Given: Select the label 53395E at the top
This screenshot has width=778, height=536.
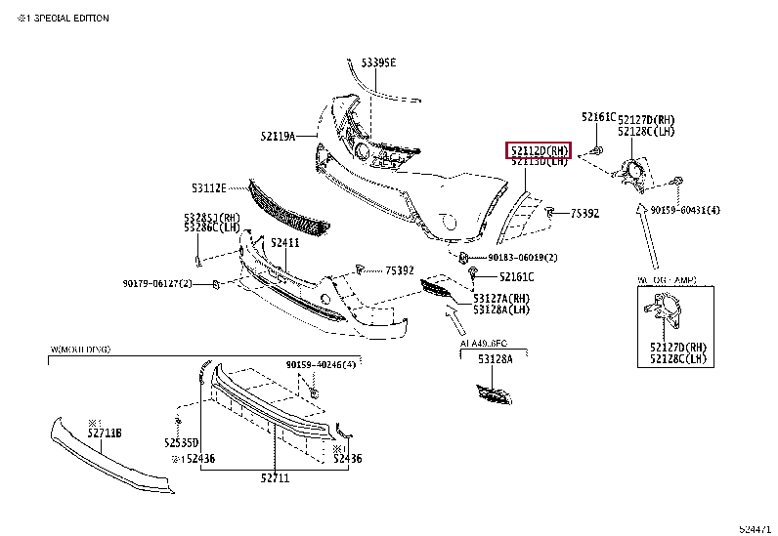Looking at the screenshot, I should pos(378,62).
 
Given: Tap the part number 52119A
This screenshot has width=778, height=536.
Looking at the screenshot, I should pos(278,137).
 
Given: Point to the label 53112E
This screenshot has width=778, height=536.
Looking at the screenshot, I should pos(208,186).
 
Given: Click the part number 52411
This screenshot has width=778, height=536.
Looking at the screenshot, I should pos(284,243).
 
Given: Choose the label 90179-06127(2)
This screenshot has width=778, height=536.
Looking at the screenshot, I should pos(157,283).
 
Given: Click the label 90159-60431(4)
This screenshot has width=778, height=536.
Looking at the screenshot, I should pos(685,210).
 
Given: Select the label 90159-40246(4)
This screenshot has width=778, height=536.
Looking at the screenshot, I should pos(322,364).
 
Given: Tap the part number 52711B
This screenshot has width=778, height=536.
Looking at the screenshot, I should pos(104,433).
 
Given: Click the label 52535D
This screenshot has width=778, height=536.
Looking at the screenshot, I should pos(182,442).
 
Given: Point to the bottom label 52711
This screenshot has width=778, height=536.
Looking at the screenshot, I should pos(276,477).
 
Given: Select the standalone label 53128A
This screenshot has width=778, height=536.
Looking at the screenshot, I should pos(495,359).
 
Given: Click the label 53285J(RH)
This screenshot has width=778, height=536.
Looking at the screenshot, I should pos(211,217).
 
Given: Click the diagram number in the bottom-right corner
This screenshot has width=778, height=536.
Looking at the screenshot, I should pos(754,528).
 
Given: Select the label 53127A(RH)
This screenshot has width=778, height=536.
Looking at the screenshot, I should pos(501,299).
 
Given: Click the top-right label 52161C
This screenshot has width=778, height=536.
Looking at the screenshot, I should pos(599,116).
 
